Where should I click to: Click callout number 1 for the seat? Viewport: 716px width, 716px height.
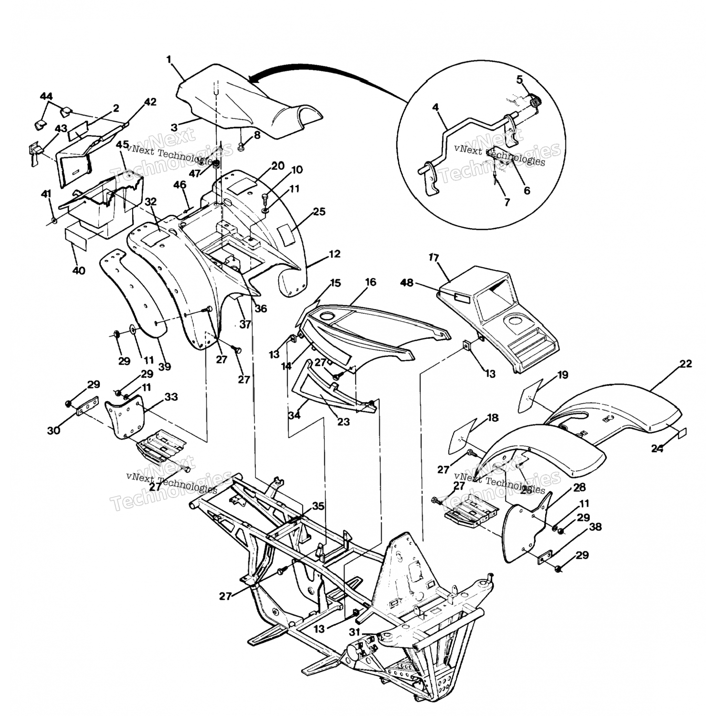tap(169, 59)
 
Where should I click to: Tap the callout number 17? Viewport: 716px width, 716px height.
tap(433, 258)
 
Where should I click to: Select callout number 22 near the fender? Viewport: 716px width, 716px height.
tap(685, 364)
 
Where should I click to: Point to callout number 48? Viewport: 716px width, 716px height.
tap(406, 283)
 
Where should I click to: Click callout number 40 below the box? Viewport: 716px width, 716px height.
tap(79, 271)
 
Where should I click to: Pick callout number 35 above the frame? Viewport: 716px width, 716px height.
tap(318, 506)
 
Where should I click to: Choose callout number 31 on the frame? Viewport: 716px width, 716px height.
tap(354, 632)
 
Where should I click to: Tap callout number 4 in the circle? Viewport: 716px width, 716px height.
tap(435, 107)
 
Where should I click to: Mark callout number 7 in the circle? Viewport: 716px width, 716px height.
tap(506, 202)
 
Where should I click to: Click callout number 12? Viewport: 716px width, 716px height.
tap(335, 254)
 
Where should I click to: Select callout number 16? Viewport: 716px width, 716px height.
tap(370, 282)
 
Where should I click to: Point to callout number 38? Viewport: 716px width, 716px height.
tap(595, 527)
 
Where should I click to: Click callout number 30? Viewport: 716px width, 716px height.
tap(54, 430)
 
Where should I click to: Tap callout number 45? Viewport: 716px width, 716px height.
tap(122, 145)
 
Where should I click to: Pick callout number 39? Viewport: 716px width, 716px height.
tap(165, 367)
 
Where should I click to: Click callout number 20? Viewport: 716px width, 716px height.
tap(278, 166)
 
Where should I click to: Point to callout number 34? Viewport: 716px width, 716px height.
tap(295, 415)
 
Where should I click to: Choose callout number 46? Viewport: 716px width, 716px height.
tap(179, 185)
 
